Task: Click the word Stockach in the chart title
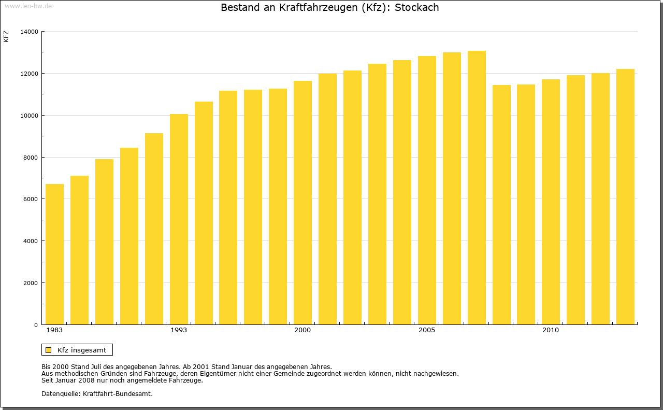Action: click(416, 8)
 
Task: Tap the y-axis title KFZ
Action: click(6, 37)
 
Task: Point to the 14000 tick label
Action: click(29, 32)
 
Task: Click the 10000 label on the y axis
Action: click(29, 116)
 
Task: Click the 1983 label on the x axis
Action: click(54, 330)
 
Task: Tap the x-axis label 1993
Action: click(179, 330)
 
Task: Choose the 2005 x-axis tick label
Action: click(427, 330)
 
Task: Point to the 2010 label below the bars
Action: click(551, 330)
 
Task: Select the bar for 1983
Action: click(54, 254)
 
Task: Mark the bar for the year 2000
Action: click(302, 203)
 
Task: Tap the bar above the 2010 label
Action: click(551, 202)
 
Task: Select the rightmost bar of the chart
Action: click(625, 197)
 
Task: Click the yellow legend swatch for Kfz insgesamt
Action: click(48, 350)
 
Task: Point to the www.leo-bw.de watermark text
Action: click(27, 5)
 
